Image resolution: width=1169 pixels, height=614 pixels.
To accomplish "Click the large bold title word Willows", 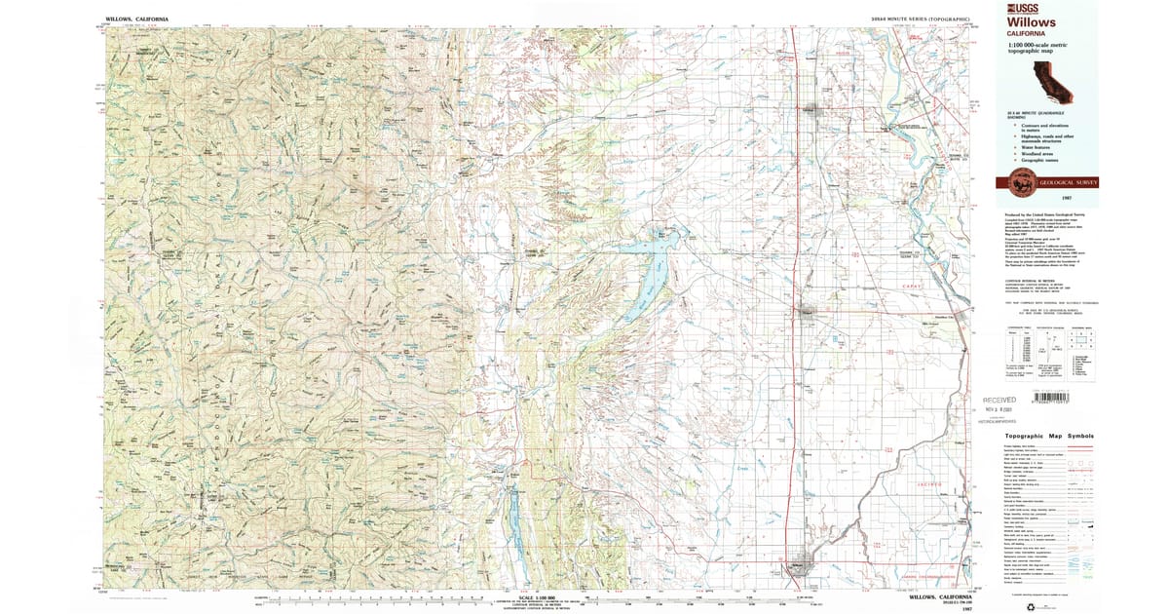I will point(1033,22).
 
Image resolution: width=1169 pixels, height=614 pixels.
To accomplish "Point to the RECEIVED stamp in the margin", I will point(999,400).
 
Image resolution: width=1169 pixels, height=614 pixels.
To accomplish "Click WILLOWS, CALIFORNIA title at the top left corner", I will point(137,19).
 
